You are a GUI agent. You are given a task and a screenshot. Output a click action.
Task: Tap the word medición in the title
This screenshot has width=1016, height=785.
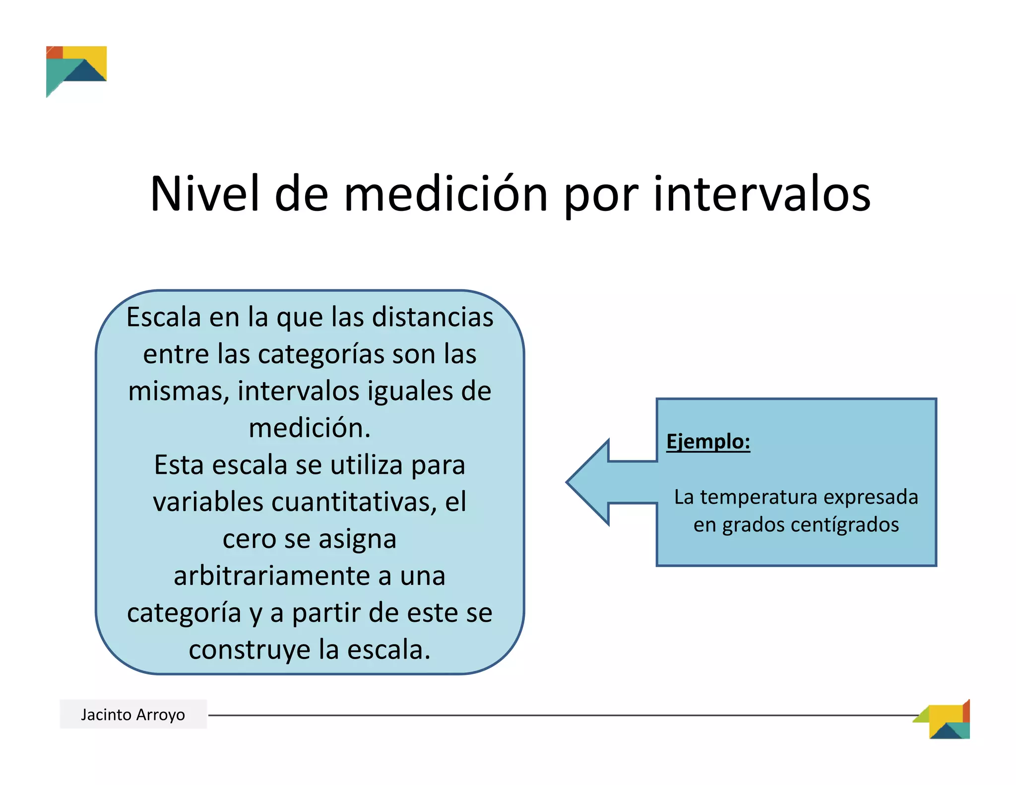pyautogui.click(x=445, y=194)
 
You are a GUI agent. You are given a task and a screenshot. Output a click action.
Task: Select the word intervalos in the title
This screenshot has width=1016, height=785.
pyautogui.click(x=762, y=194)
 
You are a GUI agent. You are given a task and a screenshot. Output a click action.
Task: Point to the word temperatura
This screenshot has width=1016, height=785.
pyautogui.click(x=759, y=497)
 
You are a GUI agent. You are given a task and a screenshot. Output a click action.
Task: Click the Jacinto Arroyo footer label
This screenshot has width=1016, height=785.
pyautogui.click(x=133, y=715)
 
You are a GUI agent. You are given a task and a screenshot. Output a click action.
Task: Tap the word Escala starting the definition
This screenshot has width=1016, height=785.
pyautogui.click(x=164, y=317)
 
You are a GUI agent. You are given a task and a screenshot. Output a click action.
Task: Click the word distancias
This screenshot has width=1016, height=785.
pyautogui.click(x=433, y=317)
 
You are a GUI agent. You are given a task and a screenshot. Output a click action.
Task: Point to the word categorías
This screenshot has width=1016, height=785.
pyautogui.click(x=321, y=354)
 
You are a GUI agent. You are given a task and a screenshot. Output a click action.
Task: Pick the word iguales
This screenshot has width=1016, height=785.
pyautogui.click(x=410, y=391)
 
